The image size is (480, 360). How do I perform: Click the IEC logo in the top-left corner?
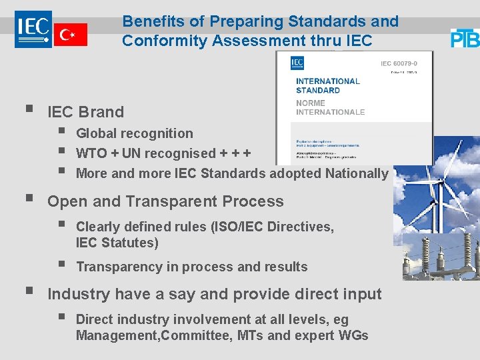tap(33, 29)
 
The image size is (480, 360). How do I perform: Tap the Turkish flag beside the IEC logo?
tap(70, 35)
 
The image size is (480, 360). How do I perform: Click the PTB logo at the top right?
tap(465, 38)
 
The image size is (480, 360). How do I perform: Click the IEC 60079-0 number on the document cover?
tap(401, 63)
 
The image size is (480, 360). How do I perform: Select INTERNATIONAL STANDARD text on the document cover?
tap(327, 85)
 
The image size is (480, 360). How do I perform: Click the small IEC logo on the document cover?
tap(297, 63)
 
